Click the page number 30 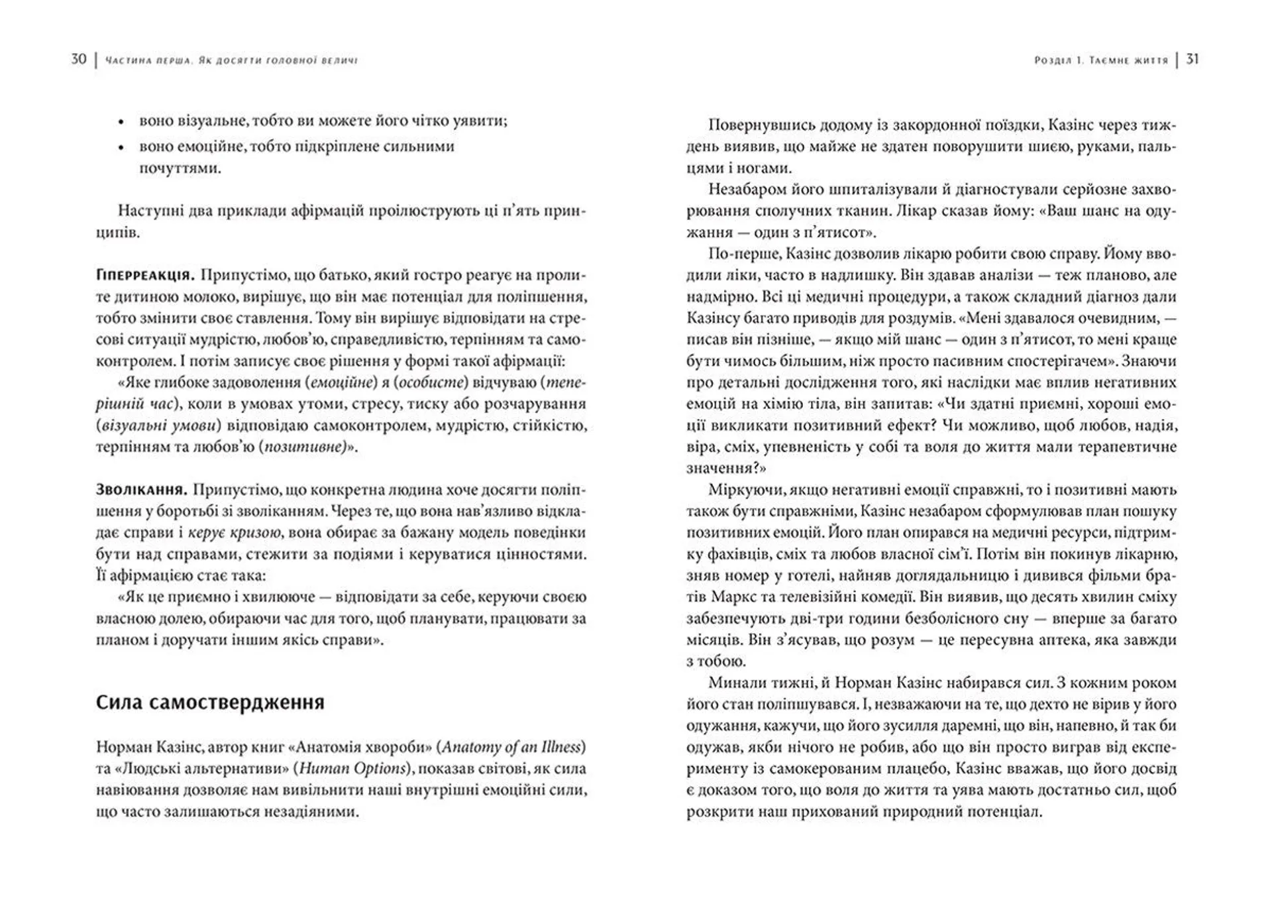tap(78, 60)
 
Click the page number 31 tap(1192, 60)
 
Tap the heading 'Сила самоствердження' tap(210, 703)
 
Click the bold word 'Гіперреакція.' tap(144, 275)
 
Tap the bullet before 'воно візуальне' tap(121, 123)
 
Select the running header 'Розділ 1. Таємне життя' tap(1101, 60)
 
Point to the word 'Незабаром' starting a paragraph tap(748, 189)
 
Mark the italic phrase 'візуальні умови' tap(151, 426)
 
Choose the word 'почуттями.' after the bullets tap(180, 168)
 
